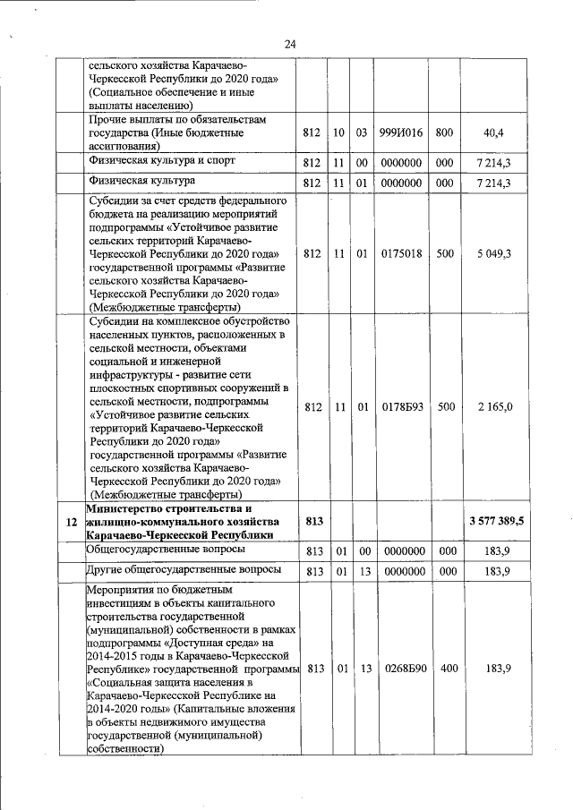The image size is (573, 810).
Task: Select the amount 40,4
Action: coord(492,132)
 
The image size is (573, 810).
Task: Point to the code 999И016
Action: coord(400,132)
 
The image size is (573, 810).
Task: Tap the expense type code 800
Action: coord(444,132)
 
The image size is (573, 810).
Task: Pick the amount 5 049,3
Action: coord(493,253)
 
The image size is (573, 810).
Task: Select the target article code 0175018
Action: coord(400,253)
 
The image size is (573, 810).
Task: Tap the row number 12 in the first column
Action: coord(70,521)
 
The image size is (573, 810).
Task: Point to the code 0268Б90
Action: coord(400,669)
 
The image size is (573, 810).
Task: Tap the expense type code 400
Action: coord(444,669)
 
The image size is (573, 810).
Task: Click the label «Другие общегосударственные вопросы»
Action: coord(183,569)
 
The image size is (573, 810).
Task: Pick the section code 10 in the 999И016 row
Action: coord(338,132)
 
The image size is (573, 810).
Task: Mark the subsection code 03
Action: coord(362,132)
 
